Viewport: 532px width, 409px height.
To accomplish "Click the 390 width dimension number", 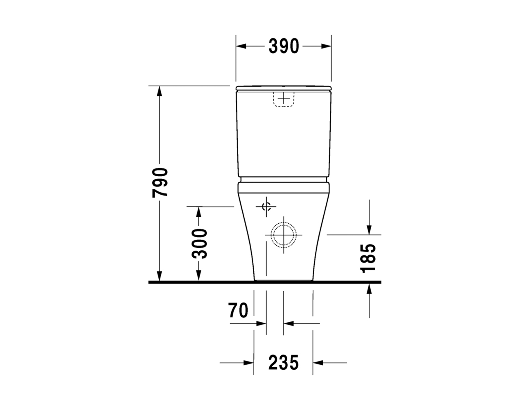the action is coord(284,46).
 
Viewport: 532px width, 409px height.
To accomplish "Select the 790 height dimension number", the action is coord(160,183).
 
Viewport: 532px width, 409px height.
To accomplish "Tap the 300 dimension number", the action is coord(199,244).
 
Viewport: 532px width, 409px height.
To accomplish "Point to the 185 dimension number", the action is coord(368,258).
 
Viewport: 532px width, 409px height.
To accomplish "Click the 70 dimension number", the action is coord(238,310).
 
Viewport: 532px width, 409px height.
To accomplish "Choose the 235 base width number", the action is coord(284,362).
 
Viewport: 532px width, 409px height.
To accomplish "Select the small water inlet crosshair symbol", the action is coord(266,207).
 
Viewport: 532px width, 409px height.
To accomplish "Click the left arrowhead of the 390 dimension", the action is coord(241,46).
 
